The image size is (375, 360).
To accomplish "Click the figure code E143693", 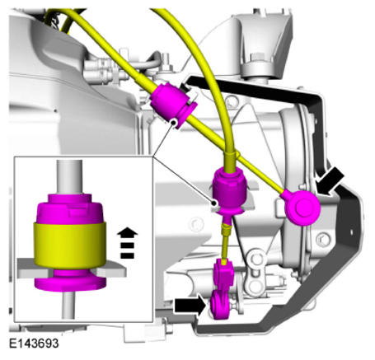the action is (x=34, y=344).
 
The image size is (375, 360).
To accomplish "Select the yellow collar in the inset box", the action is (x=70, y=245).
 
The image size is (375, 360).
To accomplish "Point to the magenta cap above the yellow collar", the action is (x=70, y=208).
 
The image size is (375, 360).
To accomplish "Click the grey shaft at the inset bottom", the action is (x=68, y=304).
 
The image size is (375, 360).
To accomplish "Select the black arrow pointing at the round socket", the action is (x=330, y=181).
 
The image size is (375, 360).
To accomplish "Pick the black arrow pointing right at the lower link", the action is (x=190, y=306).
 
